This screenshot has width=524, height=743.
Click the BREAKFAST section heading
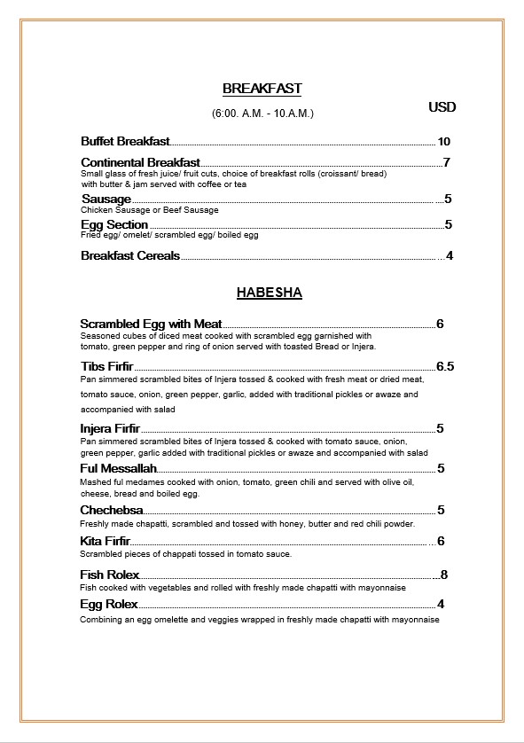[x=262, y=89]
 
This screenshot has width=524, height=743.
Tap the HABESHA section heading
[x=269, y=293]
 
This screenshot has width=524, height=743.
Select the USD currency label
[x=442, y=107]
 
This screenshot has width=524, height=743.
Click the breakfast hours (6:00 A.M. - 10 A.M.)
[x=262, y=113]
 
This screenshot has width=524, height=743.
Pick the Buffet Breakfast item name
[x=124, y=142]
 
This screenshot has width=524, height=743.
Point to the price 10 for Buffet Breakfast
[x=444, y=142]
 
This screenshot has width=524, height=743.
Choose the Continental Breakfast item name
[x=140, y=163]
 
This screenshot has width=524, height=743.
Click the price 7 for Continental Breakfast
[x=447, y=162]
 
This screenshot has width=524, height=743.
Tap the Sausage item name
[x=106, y=199]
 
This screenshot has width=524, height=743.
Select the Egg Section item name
[x=114, y=225]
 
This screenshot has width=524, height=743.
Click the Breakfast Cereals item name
[x=130, y=256]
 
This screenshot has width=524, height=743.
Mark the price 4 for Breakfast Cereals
[x=450, y=256]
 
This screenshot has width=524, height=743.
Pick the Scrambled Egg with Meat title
[x=151, y=325]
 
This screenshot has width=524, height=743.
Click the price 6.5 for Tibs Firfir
[x=444, y=366]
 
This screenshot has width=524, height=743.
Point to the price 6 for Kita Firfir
[x=441, y=542]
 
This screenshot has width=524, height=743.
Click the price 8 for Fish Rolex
[x=443, y=575]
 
